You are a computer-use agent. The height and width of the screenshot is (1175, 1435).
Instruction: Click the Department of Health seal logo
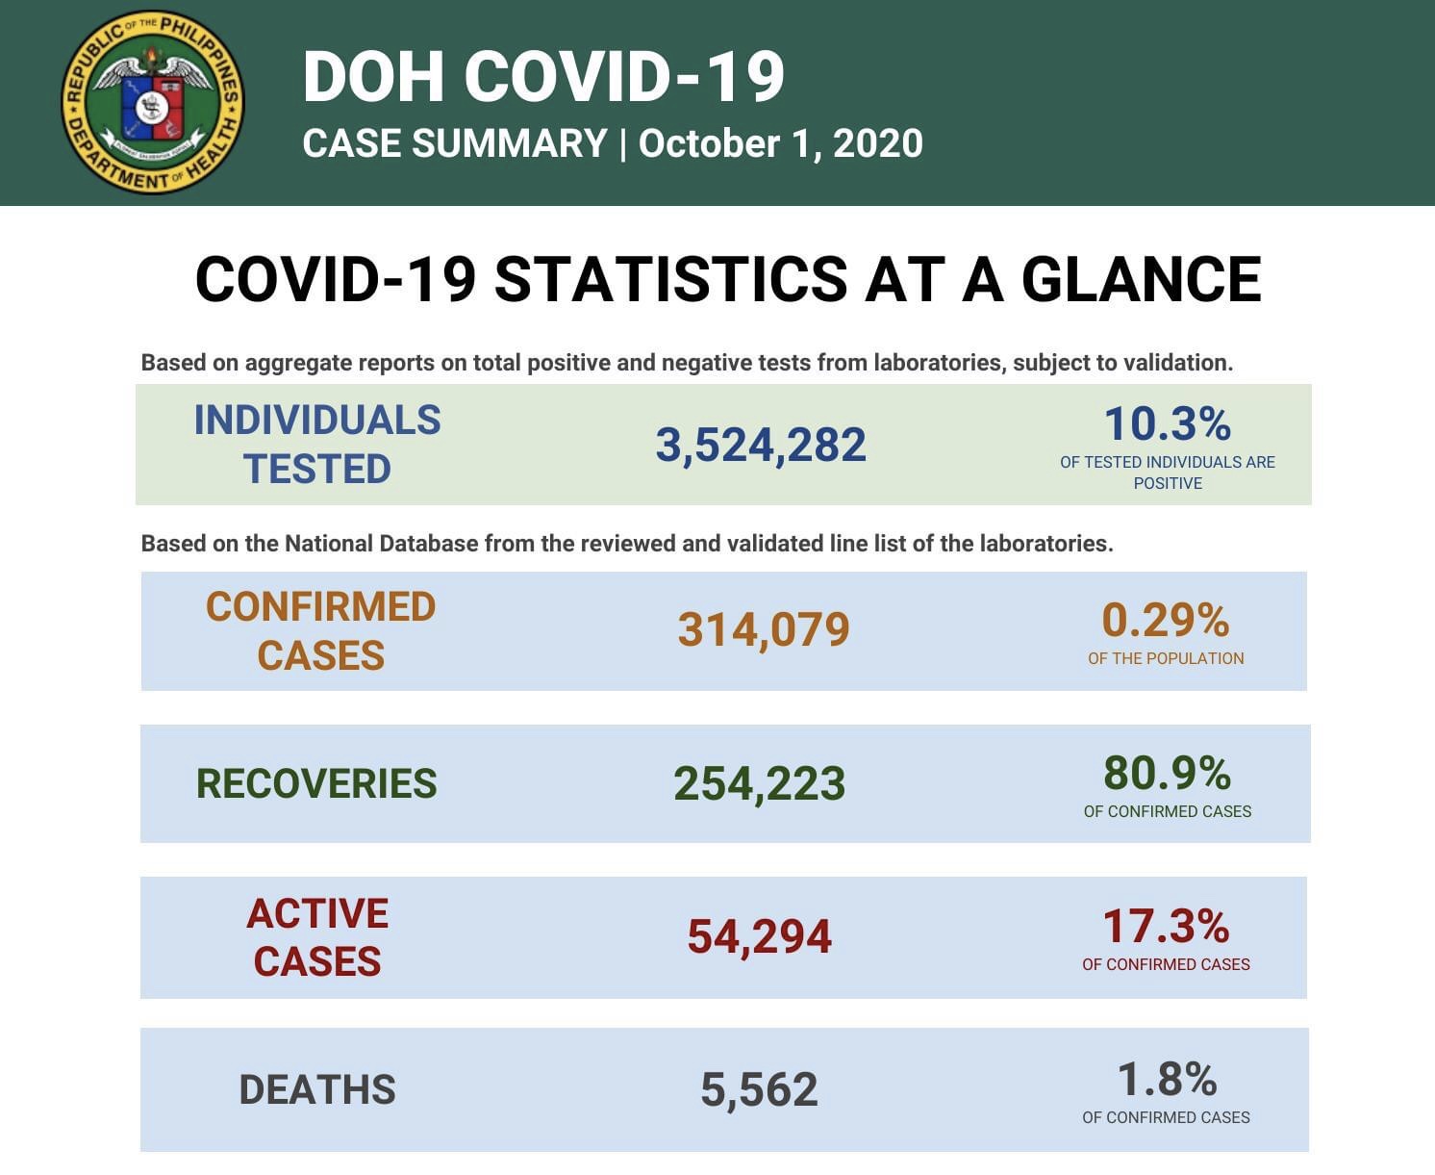coord(152,103)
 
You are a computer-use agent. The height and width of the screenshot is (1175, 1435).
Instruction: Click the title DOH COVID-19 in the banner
coord(543,76)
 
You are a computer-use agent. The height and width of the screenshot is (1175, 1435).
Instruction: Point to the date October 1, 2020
coord(780,144)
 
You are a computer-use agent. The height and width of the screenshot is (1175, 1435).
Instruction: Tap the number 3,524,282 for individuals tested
coord(761,446)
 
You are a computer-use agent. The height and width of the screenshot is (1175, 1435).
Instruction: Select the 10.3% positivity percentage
coord(1167,424)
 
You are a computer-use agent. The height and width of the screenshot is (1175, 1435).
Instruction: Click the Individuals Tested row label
coord(317,445)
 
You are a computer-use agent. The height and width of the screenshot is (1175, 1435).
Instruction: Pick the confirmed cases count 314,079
coord(764,630)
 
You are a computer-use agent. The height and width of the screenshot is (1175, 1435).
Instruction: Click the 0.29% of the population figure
coord(1165,621)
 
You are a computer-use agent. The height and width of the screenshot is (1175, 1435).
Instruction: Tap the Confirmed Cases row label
coord(320,631)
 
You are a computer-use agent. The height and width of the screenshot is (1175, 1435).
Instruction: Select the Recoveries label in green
coord(316,784)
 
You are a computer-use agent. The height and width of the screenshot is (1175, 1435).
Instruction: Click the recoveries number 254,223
coord(759,784)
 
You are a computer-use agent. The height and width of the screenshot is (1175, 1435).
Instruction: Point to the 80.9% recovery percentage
coord(1167,773)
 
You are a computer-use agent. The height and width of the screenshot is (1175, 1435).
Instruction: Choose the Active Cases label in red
coord(317,937)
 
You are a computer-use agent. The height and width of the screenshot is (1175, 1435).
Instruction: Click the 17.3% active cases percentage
coord(1166,927)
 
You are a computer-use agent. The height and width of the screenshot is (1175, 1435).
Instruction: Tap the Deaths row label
coord(317,1090)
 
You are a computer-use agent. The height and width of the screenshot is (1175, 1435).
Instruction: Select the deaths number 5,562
coord(759,1090)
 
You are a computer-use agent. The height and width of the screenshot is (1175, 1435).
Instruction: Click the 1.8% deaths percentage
coord(1167,1080)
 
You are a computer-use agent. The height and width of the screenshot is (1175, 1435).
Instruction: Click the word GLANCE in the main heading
coord(1141,280)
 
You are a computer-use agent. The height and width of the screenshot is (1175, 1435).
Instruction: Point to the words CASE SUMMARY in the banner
coord(454,144)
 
